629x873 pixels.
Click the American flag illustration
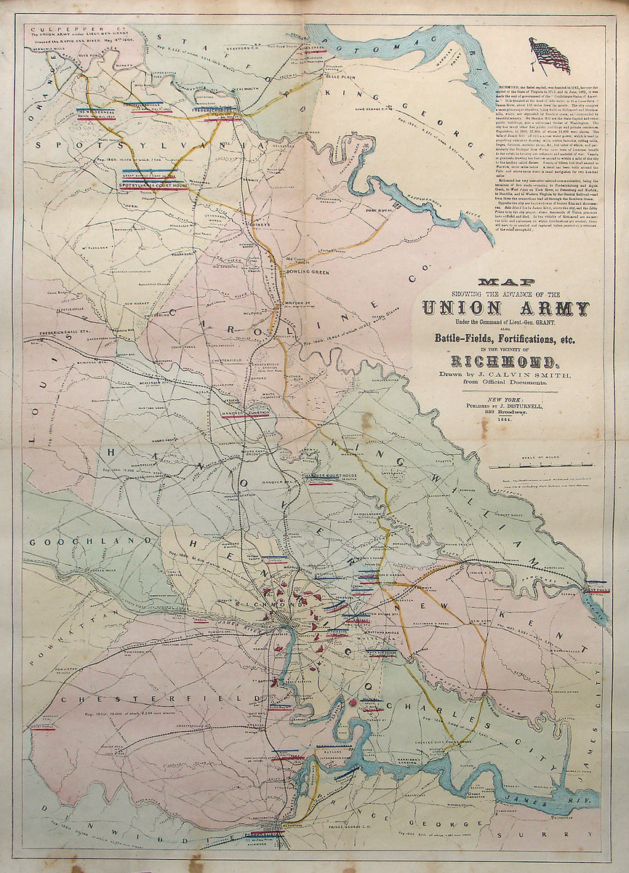(550, 56)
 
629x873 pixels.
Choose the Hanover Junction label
(246, 413)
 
